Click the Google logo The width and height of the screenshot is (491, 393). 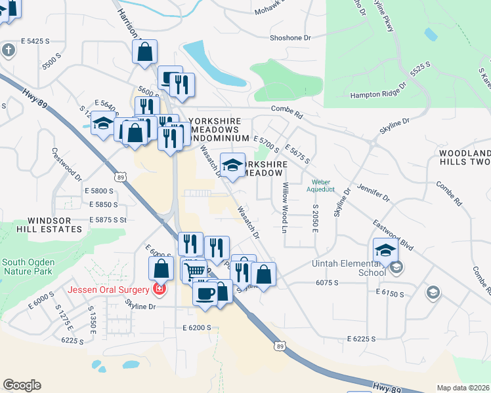point(22,385)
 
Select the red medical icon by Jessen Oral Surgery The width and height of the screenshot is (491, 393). point(158,289)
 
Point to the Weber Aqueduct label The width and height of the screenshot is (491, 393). point(321,185)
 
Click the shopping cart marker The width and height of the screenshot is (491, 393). point(194,269)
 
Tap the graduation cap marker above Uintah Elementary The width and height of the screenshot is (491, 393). point(385,250)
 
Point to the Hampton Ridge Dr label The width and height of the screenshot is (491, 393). point(379,92)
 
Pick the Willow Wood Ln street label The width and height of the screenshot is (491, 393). point(285,208)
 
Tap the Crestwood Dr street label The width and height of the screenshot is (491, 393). point(66,164)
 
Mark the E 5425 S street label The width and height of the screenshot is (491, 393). point(35,41)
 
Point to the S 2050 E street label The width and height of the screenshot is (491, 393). point(315,223)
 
